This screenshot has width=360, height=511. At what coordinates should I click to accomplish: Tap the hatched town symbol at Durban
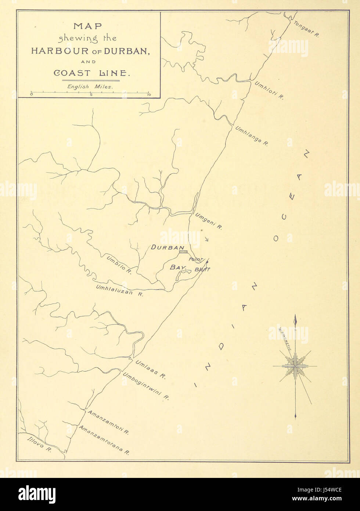pos(183,252)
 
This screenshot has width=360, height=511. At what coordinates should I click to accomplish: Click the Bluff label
pos(202,269)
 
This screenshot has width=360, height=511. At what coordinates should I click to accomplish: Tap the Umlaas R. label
pos(151,369)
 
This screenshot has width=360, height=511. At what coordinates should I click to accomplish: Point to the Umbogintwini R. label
pos(145,387)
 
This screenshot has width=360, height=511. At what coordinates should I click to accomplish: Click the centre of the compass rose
pos(295,366)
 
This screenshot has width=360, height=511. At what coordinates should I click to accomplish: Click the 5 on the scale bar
pos(91,95)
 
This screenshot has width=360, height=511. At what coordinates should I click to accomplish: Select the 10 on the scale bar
pos(148,95)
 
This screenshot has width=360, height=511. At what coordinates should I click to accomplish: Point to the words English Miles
pos(90,87)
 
